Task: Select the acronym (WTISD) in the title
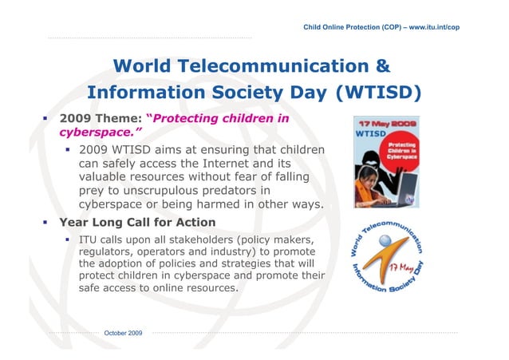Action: point(377,93)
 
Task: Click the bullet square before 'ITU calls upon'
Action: point(69,239)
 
